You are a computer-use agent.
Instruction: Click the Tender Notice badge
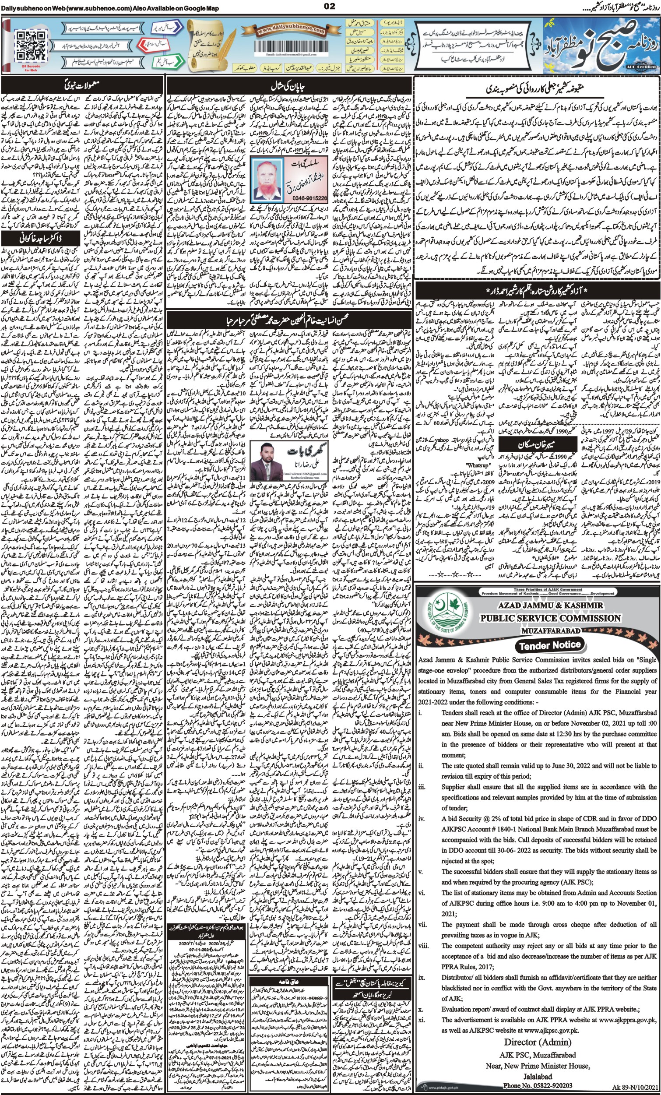550,645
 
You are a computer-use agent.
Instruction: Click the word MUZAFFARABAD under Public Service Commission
549,630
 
